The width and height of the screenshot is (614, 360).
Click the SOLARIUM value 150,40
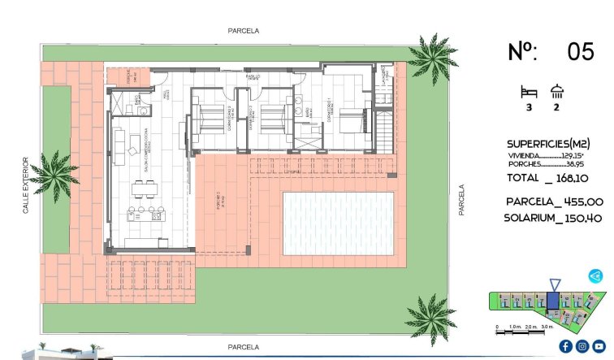[583, 218]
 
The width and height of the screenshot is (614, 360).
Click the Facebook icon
[565, 346]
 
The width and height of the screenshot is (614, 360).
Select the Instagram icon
[582, 346]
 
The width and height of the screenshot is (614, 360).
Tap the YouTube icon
[599, 346]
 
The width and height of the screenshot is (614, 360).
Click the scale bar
[525, 329]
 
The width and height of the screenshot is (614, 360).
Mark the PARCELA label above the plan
[243, 31]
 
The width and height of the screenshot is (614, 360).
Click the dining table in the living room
[145, 191]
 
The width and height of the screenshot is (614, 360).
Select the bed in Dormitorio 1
[351, 123]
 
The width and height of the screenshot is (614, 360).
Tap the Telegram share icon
[596, 276]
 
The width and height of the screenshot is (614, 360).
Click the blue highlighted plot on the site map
[553, 301]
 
